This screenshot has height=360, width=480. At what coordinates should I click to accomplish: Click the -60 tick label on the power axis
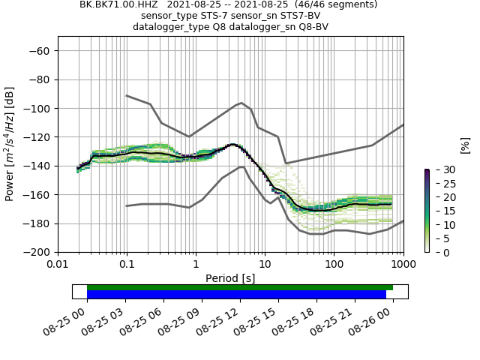click(x=39, y=51)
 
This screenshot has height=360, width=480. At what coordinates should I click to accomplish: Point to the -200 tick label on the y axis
click(x=36, y=253)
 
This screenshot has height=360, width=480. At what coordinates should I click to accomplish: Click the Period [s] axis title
click(x=230, y=278)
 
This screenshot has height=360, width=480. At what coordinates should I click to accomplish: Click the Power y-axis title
click(x=10, y=144)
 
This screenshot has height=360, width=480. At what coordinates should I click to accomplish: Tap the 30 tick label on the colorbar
click(x=441, y=170)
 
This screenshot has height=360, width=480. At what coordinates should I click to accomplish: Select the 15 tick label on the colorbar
click(x=441, y=211)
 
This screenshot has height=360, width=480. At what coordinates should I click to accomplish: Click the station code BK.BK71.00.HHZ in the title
click(x=118, y=4)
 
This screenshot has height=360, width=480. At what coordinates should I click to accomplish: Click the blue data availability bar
click(x=236, y=295)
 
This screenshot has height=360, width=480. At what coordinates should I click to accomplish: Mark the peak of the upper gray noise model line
click(x=241, y=103)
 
